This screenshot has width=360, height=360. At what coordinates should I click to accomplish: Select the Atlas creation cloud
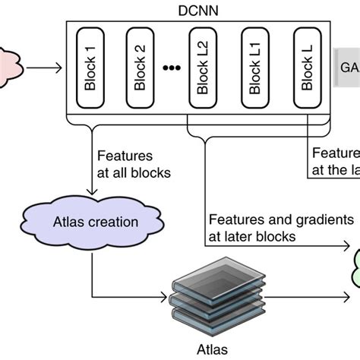point(94,223)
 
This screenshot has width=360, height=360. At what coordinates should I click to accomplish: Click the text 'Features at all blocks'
point(133,163)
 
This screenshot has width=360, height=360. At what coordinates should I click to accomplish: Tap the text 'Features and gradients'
point(276,219)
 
